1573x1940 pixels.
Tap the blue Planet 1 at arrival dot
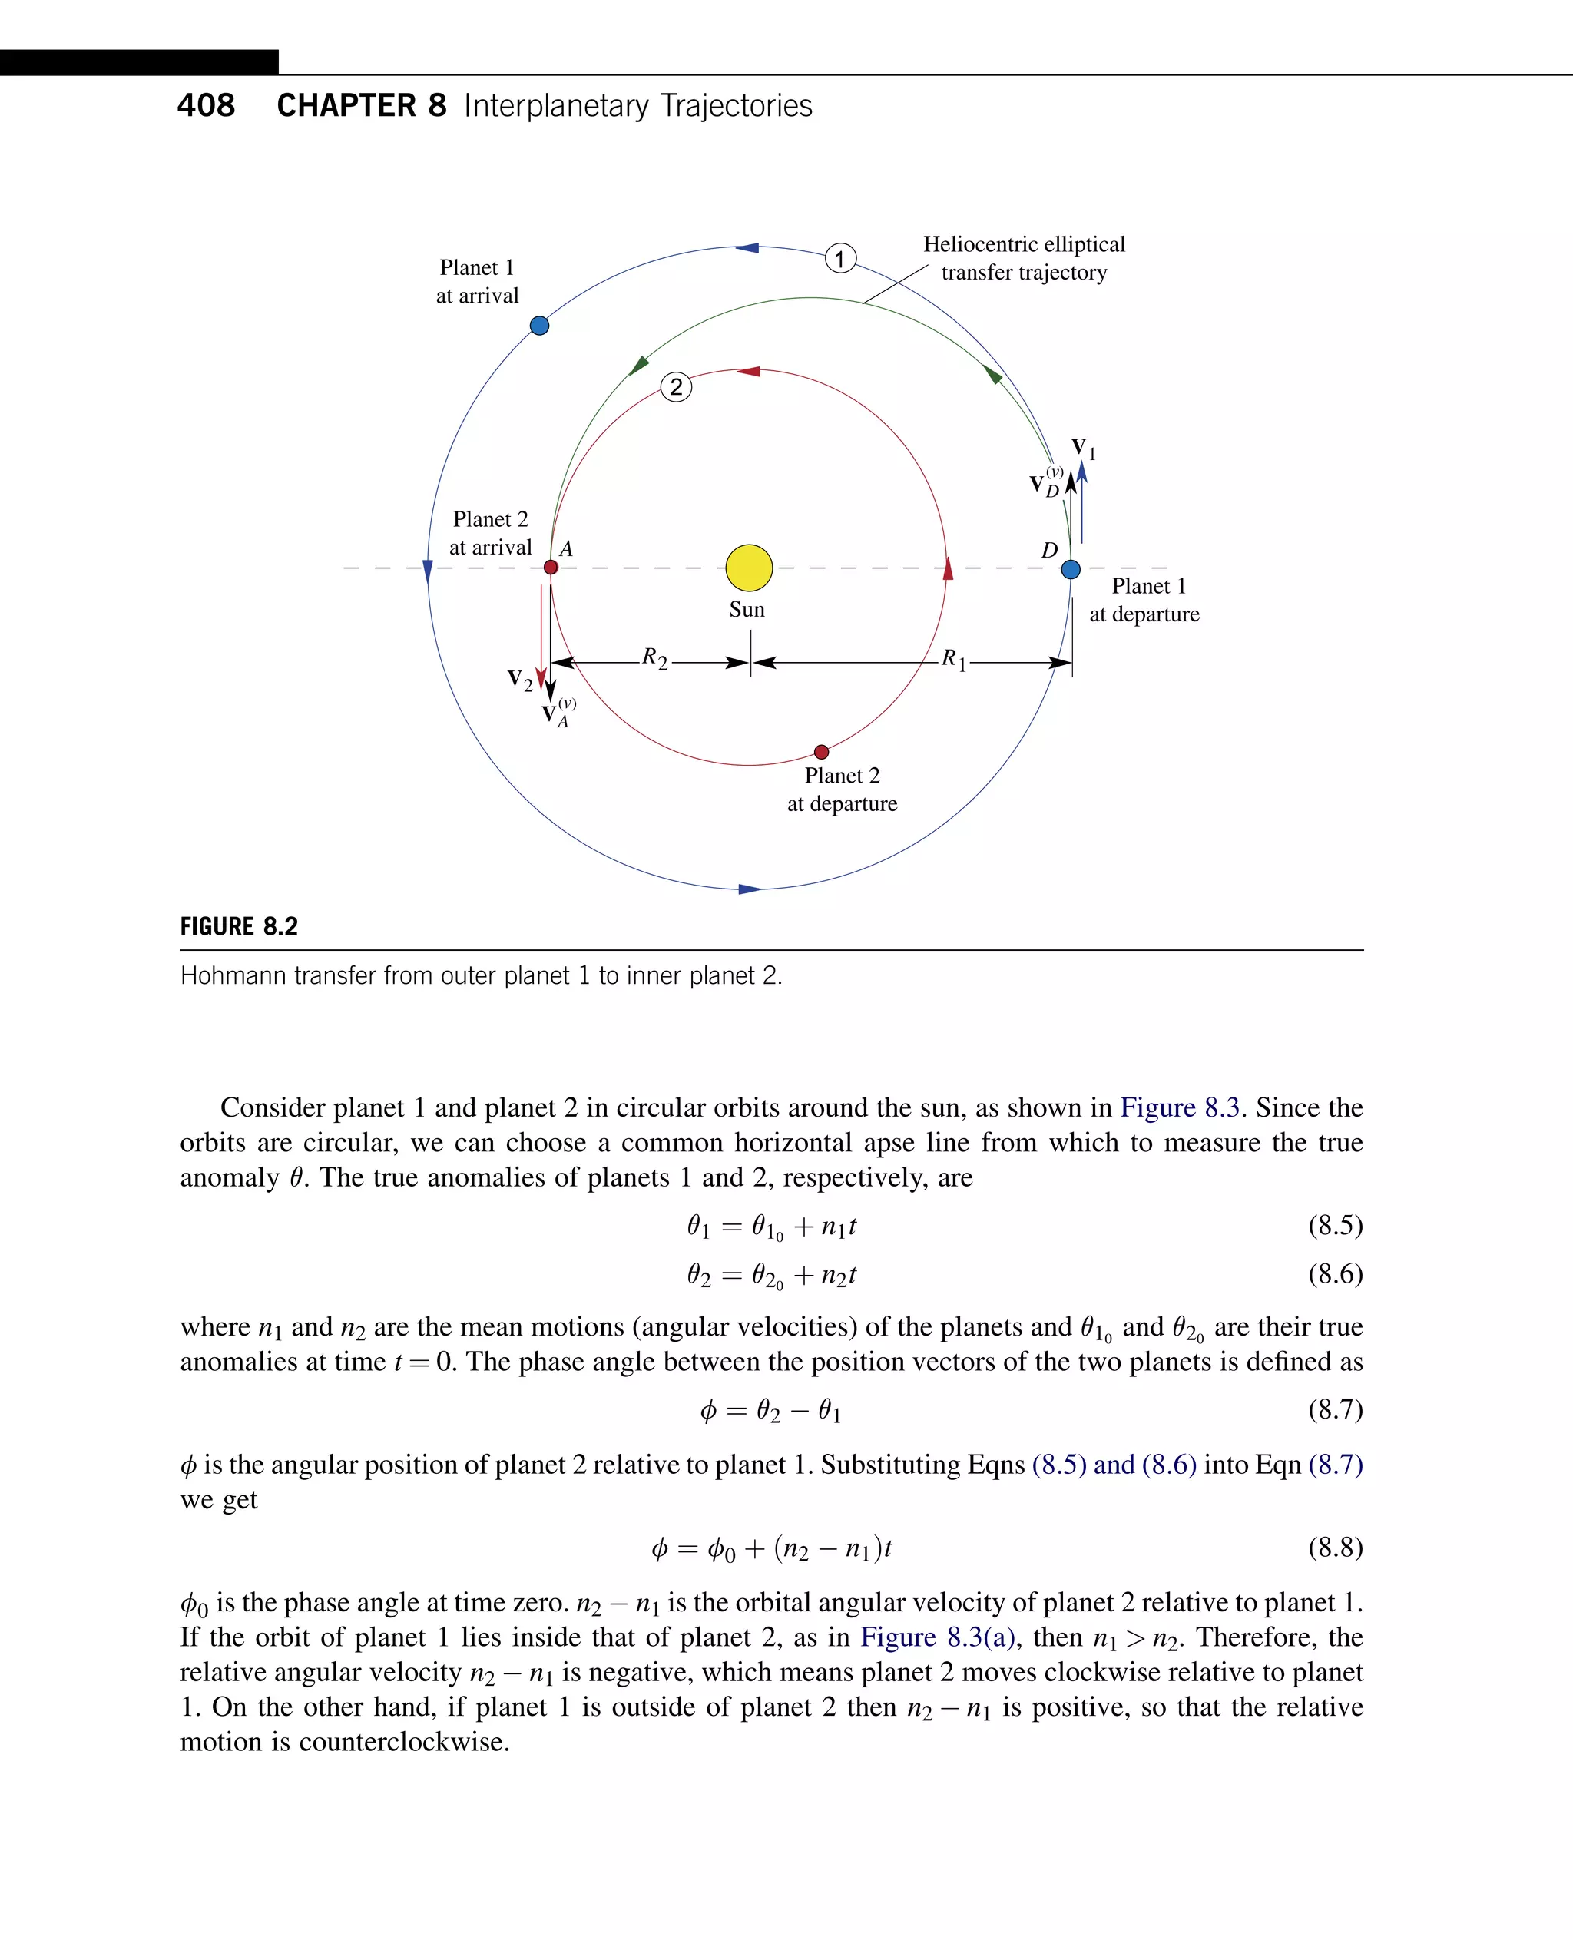pyautogui.click(x=539, y=326)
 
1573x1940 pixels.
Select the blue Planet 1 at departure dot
pyautogui.click(x=1070, y=569)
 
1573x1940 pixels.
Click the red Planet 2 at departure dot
pyautogui.click(x=821, y=751)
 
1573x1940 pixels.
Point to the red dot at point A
pyautogui.click(x=550, y=568)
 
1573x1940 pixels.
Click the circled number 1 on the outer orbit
pyautogui.click(x=840, y=259)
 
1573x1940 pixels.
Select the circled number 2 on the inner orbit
pyautogui.click(x=676, y=387)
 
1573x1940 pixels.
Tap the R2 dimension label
pyautogui.click(x=654, y=658)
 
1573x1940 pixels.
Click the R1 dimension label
pyautogui.click(x=953, y=659)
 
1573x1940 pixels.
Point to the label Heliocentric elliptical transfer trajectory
pyautogui.click(x=1024, y=258)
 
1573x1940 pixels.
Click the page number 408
pyautogui.click(x=206, y=106)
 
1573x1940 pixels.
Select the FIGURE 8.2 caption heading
pyautogui.click(x=239, y=926)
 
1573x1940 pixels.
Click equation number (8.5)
pyautogui.click(x=1335, y=1225)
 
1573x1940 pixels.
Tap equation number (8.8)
pyautogui.click(x=1335, y=1547)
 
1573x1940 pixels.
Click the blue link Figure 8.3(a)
pyautogui.click(x=937, y=1637)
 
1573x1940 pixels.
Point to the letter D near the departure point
pyautogui.click(x=1049, y=550)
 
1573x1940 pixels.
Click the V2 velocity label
pyautogui.click(x=519, y=680)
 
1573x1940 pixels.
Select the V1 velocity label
pyautogui.click(x=1083, y=448)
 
